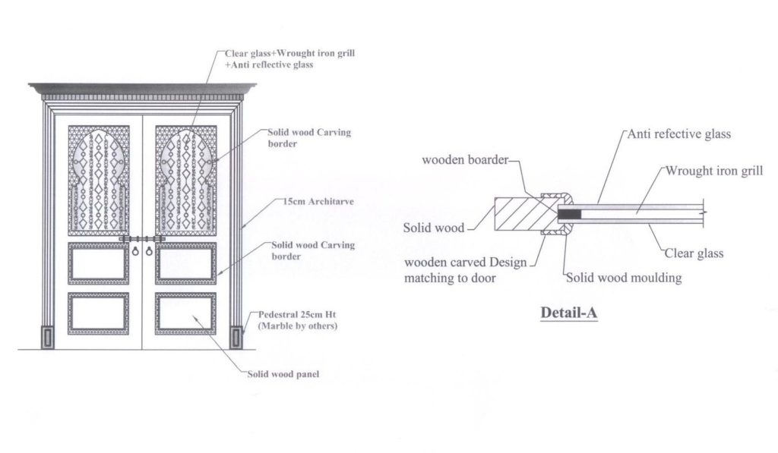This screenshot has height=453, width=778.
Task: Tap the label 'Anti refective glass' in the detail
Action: [679, 134]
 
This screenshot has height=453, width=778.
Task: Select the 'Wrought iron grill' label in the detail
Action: [714, 171]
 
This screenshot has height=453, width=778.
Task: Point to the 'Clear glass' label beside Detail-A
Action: [694, 254]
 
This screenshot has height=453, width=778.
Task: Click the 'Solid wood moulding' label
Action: [624, 278]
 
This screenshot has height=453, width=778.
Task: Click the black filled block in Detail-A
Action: [569, 215]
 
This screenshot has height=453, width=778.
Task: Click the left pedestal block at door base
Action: [48, 336]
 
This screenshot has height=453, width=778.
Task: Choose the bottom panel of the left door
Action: [98, 313]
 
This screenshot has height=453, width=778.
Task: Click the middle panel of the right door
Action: [186, 263]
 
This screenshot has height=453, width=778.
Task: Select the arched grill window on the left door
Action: [99, 181]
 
